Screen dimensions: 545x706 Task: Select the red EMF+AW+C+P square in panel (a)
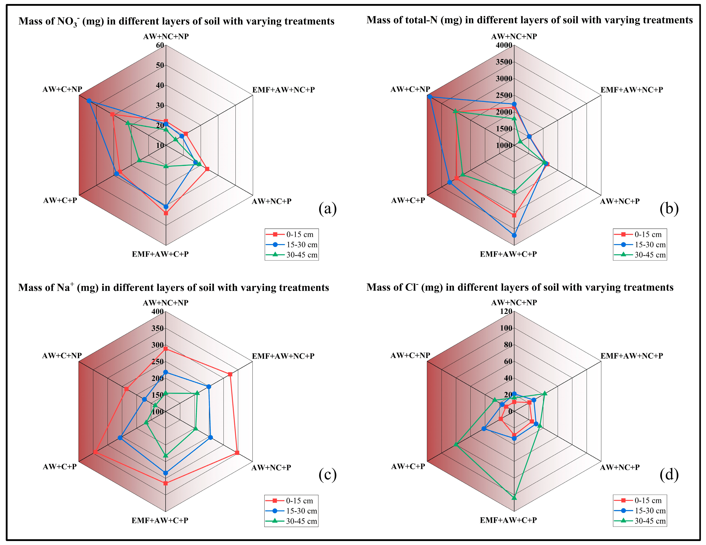[166, 213]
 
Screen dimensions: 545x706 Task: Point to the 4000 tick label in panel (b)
[504, 45]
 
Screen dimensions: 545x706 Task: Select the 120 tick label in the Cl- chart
[506, 311]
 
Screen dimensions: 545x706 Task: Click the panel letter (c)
[327, 474]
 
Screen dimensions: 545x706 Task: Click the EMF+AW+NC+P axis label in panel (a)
[284, 90]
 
